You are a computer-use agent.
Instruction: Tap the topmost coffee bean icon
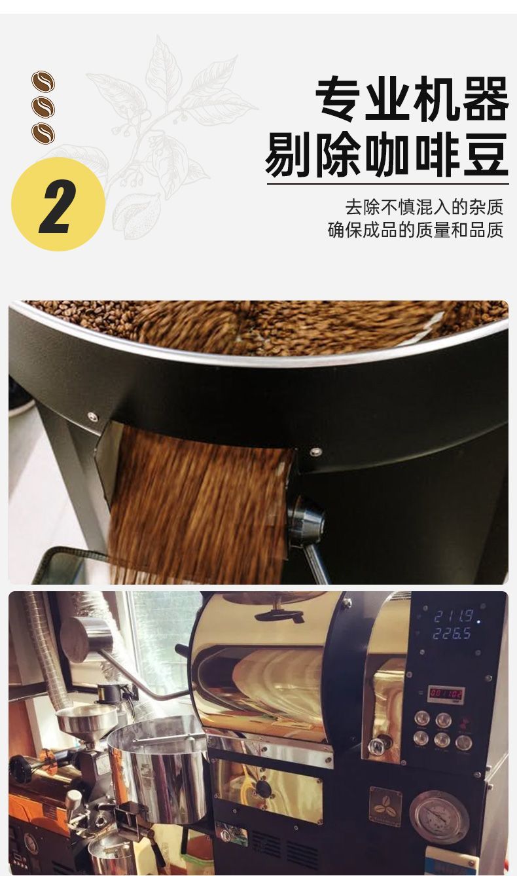tap(43, 81)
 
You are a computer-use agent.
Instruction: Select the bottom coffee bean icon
tap(43, 133)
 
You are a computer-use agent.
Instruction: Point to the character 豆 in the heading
tap(486, 155)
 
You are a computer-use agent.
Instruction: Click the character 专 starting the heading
tap(339, 100)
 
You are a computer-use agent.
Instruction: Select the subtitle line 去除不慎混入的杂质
tap(424, 207)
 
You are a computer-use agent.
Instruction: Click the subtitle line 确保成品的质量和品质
tap(416, 230)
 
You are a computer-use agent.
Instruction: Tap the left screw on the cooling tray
tap(92, 416)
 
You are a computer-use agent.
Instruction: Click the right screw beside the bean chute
tap(315, 452)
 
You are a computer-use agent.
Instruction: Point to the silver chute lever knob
tap(306, 520)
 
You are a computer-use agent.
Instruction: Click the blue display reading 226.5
tap(452, 634)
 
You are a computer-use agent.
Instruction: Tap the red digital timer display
tap(446, 694)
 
